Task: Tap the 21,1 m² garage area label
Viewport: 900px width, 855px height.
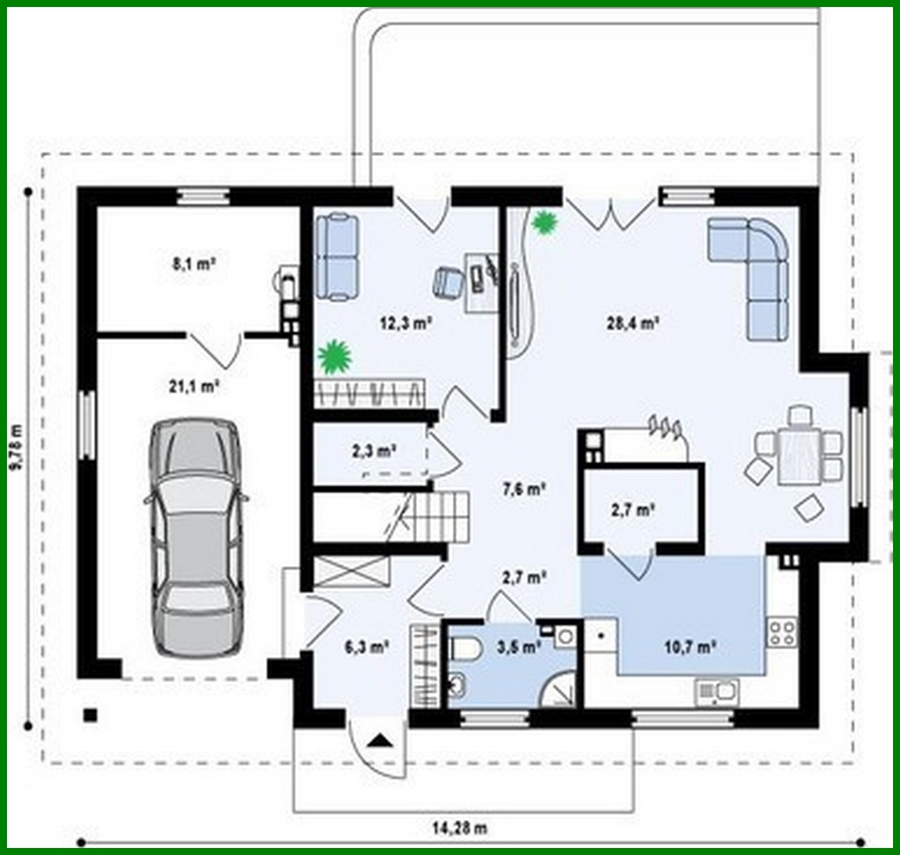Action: (194, 385)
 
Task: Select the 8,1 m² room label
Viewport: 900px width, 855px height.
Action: (194, 263)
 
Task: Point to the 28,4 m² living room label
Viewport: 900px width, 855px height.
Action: (633, 323)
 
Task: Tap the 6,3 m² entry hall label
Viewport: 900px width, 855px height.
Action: (366, 646)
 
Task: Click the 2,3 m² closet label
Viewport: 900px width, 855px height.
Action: (374, 449)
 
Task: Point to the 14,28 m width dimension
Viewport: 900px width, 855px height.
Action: (459, 829)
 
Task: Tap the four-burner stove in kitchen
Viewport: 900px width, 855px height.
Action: (782, 632)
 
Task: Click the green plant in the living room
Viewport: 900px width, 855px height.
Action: (544, 223)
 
